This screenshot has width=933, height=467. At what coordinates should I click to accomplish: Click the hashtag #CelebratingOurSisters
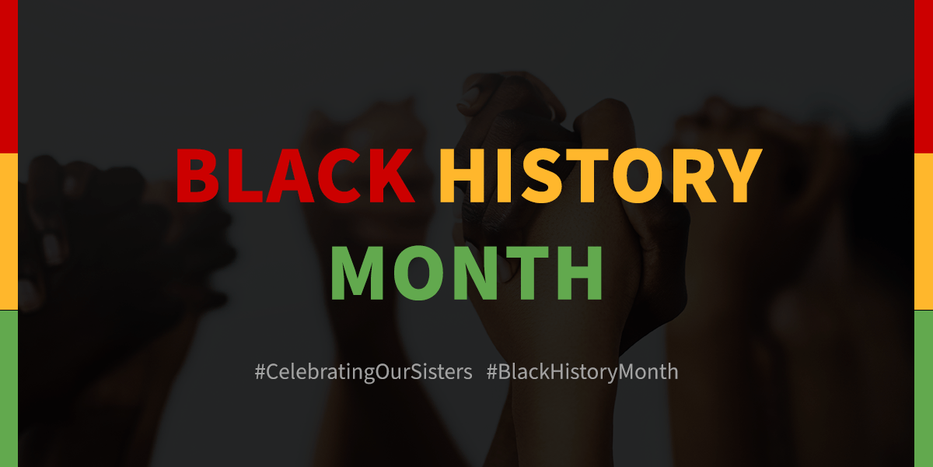(363, 372)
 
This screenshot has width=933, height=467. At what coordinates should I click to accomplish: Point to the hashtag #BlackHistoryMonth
(582, 372)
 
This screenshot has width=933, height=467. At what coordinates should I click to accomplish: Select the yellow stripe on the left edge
(9, 231)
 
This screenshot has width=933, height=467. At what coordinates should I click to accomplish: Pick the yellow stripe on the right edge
(924, 231)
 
